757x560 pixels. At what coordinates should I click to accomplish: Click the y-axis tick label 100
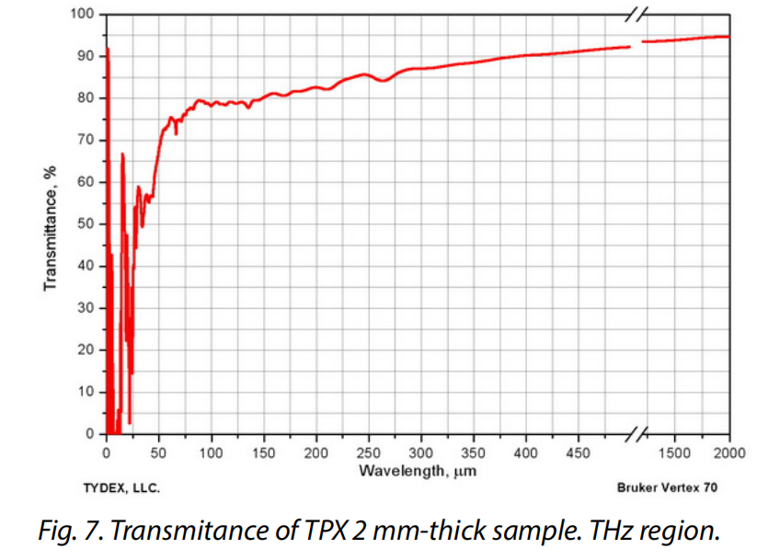(83, 14)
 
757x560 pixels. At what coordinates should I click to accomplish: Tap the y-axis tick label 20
(86, 349)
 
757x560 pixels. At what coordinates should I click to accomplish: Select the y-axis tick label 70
(86, 140)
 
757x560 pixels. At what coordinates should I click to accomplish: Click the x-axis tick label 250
(369, 453)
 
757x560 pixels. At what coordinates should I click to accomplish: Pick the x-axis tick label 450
(579, 453)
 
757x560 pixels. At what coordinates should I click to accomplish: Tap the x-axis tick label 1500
(675, 453)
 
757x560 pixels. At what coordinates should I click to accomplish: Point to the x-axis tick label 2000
(728, 453)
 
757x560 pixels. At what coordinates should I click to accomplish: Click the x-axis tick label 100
(212, 453)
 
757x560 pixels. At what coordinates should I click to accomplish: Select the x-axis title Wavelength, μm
(418, 472)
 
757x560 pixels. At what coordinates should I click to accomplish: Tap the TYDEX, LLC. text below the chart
(122, 488)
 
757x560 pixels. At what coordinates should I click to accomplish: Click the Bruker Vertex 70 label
(668, 488)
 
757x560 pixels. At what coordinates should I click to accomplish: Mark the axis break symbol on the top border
(637, 14)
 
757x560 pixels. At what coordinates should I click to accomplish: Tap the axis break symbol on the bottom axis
(637, 433)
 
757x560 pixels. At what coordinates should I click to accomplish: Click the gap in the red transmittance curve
(637, 44)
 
